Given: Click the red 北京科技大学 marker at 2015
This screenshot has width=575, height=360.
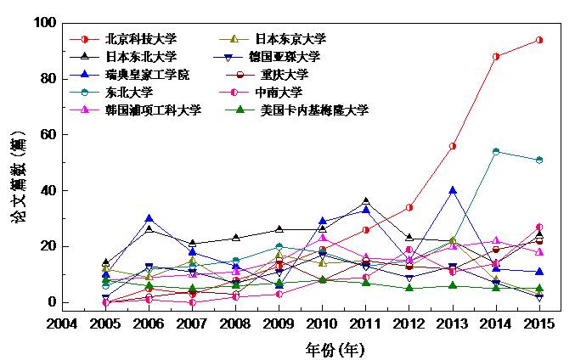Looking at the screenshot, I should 539,40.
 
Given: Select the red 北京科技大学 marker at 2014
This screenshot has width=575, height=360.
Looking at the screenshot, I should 496,56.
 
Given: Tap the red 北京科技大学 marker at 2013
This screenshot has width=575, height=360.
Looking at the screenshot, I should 453,146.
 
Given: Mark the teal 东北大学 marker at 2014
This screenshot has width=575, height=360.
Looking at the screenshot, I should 496,151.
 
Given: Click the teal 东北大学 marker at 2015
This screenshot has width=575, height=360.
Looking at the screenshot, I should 539,160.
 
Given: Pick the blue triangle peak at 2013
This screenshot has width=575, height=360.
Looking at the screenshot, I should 453,190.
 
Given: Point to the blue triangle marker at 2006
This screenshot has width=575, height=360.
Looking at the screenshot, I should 149,218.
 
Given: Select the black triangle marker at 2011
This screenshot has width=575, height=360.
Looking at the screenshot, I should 366,201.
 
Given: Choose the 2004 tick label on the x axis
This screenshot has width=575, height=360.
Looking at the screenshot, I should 62,323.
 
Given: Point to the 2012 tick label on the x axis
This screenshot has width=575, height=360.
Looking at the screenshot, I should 409,323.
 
